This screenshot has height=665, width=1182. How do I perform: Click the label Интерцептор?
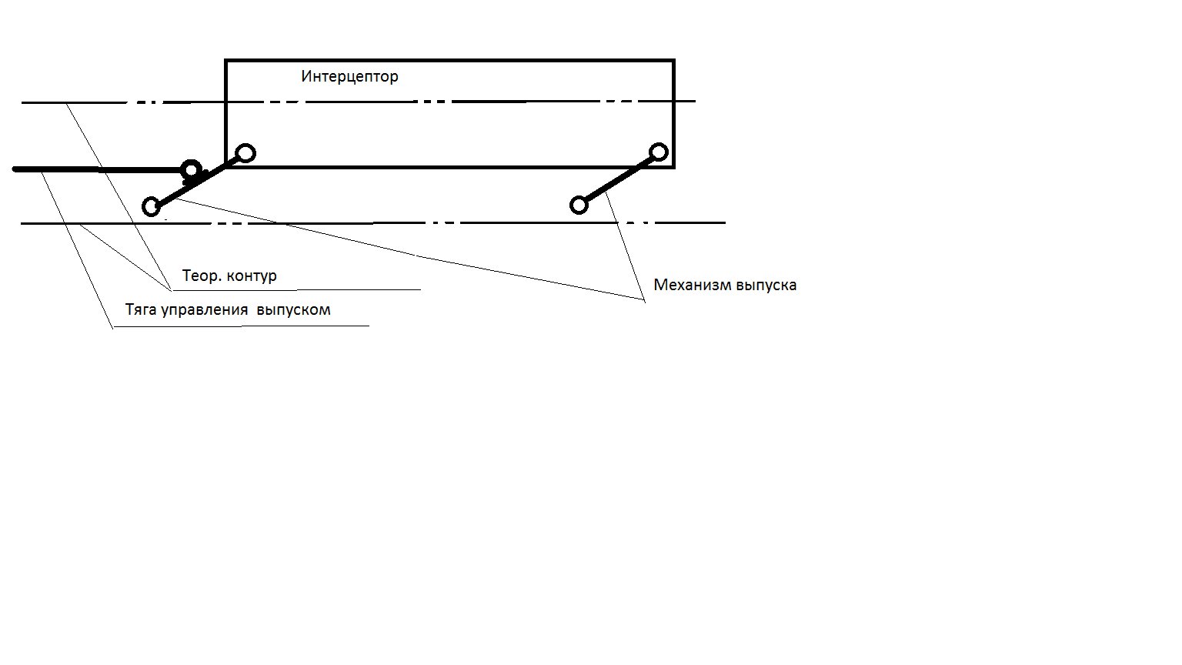point(349,76)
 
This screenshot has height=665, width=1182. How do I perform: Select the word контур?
point(252,276)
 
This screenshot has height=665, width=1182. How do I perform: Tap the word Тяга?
point(142,309)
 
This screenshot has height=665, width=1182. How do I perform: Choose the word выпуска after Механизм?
point(766,286)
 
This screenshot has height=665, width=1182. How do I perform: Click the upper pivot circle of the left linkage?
point(245,153)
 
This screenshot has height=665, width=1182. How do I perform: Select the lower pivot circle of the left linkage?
point(152,206)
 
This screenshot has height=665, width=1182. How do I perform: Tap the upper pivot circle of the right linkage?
point(659,152)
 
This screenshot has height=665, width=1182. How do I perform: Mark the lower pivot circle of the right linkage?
point(579,205)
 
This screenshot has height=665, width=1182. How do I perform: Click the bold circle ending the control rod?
point(191,169)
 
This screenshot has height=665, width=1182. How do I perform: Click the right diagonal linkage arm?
point(619,179)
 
